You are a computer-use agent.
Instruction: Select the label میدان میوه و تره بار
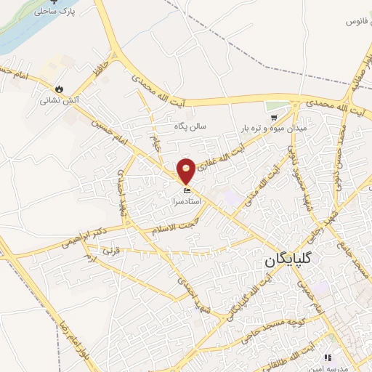point(273,128)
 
